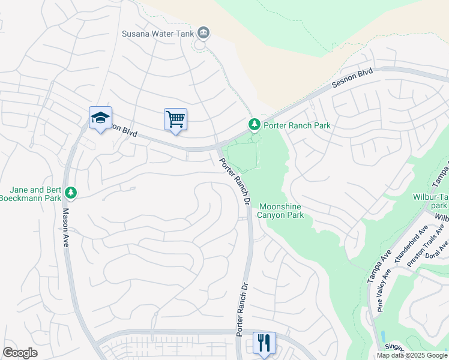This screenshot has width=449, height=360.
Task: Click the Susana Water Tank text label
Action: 158,34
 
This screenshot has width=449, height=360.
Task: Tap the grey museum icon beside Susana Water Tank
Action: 203,32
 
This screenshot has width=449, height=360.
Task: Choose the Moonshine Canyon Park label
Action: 280,211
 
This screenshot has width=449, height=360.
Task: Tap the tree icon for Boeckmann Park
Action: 71,192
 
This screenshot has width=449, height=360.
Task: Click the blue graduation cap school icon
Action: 100,118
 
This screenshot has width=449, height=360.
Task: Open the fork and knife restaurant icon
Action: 264,343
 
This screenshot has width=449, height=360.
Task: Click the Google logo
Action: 20,353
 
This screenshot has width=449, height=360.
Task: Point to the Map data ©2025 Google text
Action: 411,355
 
